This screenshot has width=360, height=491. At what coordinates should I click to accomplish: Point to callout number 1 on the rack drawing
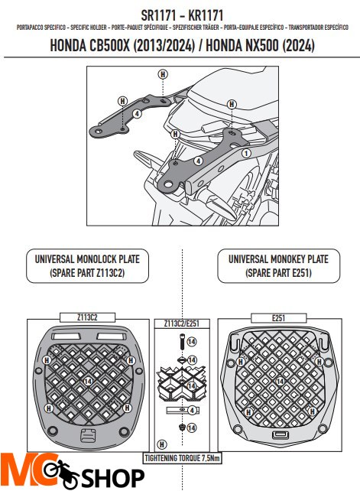point(246,153)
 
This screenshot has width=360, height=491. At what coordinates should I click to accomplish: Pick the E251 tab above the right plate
point(277,315)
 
